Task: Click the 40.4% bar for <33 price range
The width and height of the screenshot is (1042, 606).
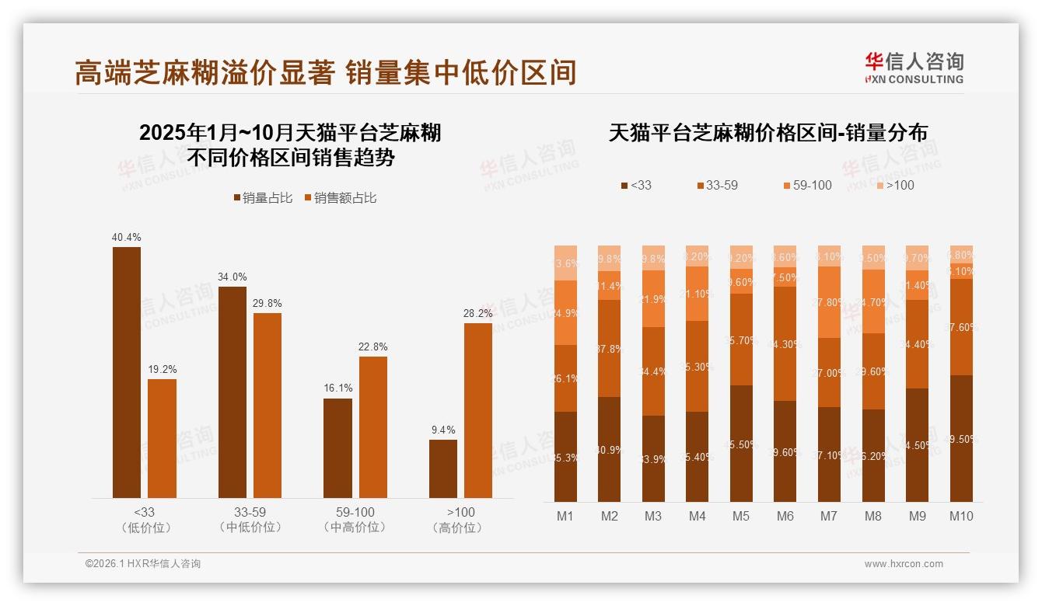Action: click(127, 372)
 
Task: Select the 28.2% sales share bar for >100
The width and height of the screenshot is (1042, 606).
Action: click(478, 410)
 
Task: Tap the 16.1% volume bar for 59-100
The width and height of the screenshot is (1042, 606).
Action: click(337, 448)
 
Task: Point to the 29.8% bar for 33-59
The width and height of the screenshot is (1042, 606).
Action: click(267, 405)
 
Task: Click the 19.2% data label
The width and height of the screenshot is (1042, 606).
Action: click(162, 369)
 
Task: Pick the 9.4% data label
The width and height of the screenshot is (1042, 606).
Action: click(442, 430)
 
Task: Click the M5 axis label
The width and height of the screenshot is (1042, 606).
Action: click(740, 516)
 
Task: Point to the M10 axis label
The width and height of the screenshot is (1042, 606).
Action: click(961, 516)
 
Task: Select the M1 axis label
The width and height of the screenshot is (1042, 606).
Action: click(565, 516)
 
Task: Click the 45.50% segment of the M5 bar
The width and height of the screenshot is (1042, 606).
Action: click(741, 444)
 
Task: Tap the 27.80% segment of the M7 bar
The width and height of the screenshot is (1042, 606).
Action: click(829, 302)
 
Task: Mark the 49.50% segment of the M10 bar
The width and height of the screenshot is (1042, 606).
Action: click(961, 438)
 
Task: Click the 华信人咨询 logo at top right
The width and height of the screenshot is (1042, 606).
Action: click(914, 68)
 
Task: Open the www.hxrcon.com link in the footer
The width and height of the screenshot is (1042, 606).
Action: click(904, 564)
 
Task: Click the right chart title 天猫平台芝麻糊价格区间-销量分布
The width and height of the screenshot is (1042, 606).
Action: click(768, 133)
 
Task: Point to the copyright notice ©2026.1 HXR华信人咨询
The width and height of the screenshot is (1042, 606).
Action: click(143, 564)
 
